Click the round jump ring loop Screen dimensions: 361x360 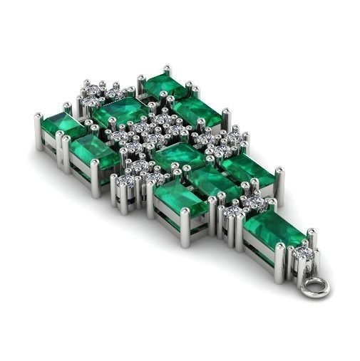[314, 288]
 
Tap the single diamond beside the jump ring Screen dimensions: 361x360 [302, 252]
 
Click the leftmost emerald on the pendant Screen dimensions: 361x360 [62, 125]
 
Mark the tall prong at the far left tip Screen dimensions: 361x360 [38, 131]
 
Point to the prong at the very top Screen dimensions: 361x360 [167, 70]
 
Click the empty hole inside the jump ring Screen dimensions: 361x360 [314, 288]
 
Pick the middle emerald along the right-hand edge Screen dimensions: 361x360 [246, 169]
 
